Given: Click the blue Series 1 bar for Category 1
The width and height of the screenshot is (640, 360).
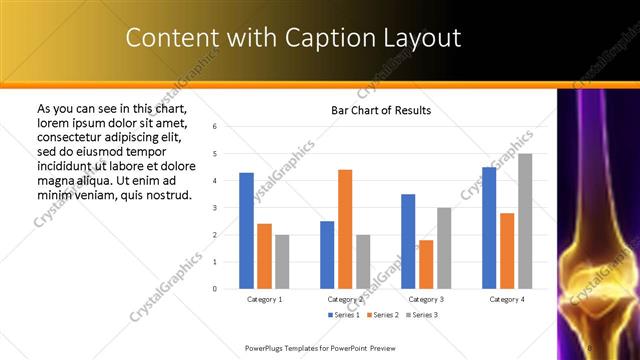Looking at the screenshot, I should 246,231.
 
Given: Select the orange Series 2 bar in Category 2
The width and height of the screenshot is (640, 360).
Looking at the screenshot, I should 345,229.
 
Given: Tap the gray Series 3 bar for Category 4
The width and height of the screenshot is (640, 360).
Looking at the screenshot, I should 525,221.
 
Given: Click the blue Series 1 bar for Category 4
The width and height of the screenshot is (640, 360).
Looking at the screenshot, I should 489,228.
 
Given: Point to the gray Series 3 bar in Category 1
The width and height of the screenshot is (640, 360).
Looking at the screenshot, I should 282,262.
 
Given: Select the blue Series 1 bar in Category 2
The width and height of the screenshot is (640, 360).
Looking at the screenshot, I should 327,255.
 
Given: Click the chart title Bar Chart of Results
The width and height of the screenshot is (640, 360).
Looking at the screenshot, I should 381,110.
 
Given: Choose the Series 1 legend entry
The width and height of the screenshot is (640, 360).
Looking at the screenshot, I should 345,315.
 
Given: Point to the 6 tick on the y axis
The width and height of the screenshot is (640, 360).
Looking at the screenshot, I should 215,127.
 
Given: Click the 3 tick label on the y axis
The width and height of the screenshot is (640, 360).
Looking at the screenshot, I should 215,208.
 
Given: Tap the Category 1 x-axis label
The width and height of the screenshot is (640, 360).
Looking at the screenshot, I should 264,298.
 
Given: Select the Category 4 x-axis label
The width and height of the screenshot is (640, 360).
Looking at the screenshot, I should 507,298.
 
